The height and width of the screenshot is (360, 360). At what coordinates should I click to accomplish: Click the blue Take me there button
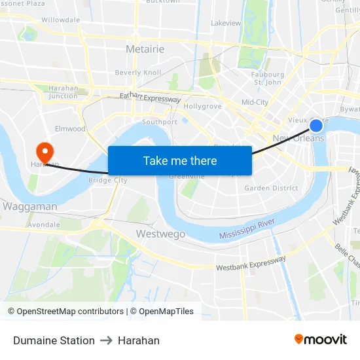tap(180, 160)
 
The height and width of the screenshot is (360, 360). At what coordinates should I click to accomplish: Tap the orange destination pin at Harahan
tap(45, 153)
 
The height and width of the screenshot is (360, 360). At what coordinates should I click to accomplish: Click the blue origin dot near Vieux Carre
tap(316, 126)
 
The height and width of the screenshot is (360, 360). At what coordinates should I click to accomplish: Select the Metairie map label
tap(145, 49)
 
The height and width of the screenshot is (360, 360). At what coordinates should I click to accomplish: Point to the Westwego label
tap(160, 234)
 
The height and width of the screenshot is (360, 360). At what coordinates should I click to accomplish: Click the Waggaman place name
tap(29, 206)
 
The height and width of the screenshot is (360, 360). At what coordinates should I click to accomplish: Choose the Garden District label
tap(271, 188)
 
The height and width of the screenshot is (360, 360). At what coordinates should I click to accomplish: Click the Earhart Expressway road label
tap(150, 98)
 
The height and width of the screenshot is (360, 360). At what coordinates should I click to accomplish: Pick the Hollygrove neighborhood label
tap(203, 106)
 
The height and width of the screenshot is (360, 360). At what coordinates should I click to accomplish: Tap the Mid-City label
tap(255, 102)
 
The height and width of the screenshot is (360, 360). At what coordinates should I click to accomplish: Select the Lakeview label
tap(226, 23)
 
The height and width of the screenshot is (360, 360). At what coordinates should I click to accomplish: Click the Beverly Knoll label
tap(137, 73)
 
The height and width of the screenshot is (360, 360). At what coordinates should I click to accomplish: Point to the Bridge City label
tap(108, 180)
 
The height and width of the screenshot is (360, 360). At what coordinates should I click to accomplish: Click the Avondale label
tap(44, 225)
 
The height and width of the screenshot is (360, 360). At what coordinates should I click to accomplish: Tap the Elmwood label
tap(70, 129)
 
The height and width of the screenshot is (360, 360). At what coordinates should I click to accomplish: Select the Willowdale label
tap(60, 20)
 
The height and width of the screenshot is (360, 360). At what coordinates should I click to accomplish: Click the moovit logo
tap(321, 339)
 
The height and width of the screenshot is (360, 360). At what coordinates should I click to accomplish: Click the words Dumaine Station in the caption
tap(54, 340)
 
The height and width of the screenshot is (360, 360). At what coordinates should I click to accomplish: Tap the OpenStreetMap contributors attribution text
tap(65, 312)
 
